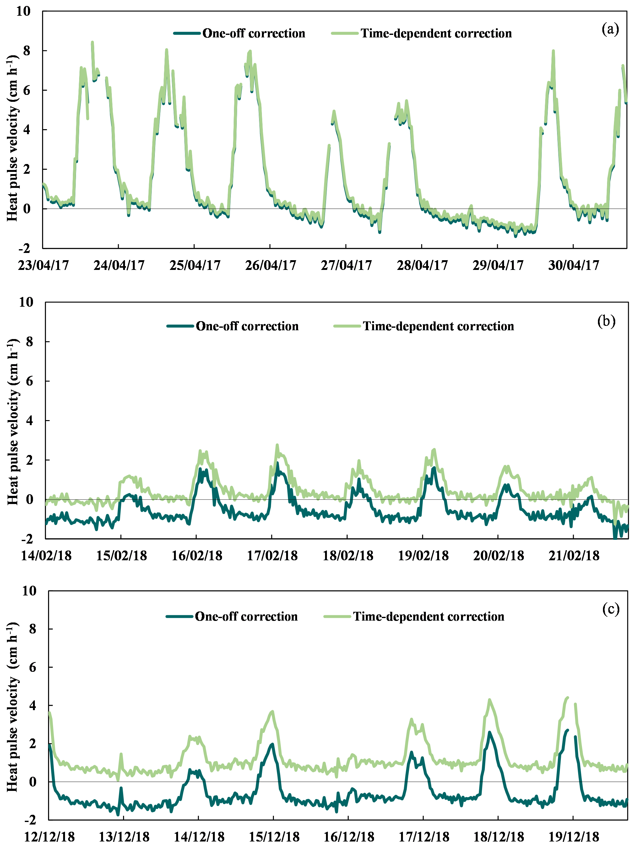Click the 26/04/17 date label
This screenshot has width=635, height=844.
pyautogui.click(x=270, y=265)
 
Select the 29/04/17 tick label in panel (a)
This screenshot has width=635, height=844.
pyautogui.click(x=498, y=265)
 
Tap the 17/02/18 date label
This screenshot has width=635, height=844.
pyautogui.click(x=272, y=556)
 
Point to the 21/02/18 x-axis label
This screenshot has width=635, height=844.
pyautogui.click(x=574, y=556)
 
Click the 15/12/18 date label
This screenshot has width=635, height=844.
pyautogui.click(x=274, y=836)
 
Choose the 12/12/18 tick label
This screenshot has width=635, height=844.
pyautogui.click(x=50, y=836)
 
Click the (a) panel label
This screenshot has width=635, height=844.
pyautogui.click(x=610, y=29)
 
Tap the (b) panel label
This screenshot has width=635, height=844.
pyautogui.click(x=606, y=321)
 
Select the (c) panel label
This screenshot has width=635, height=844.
pyautogui.click(x=611, y=609)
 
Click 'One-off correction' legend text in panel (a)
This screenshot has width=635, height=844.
pyautogui.click(x=254, y=34)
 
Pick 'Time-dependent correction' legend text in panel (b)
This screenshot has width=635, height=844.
pyautogui.click(x=438, y=326)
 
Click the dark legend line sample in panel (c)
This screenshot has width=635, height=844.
pyautogui.click(x=179, y=617)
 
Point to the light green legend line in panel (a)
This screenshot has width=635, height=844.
pyautogui.click(x=345, y=34)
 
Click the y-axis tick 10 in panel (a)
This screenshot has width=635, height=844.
pyautogui.click(x=23, y=11)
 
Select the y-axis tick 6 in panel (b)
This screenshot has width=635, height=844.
pyautogui.click(x=30, y=381)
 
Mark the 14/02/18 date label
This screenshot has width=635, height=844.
pyautogui.click(x=46, y=556)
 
